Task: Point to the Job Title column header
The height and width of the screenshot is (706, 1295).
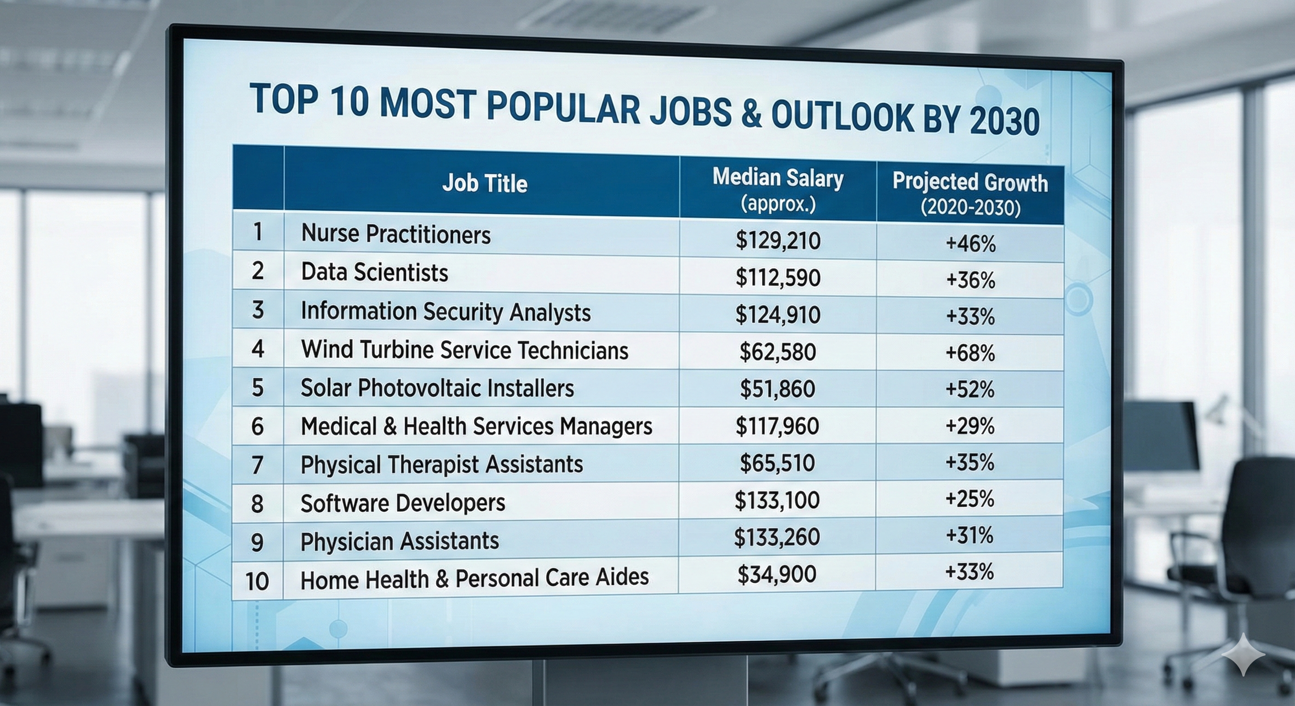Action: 485,183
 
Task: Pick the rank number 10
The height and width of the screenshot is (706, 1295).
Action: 257,581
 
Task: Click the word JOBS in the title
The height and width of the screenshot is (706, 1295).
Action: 691,111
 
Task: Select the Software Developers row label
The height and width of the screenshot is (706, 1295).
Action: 403,503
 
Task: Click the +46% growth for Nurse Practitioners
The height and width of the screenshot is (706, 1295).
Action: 970,244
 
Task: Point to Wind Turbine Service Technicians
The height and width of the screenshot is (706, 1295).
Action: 464,350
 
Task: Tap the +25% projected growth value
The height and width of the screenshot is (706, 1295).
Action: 969,499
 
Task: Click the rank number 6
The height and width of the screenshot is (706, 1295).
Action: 258,427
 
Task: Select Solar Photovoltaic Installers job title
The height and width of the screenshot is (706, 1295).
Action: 437,388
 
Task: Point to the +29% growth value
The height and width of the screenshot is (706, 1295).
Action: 969,426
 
